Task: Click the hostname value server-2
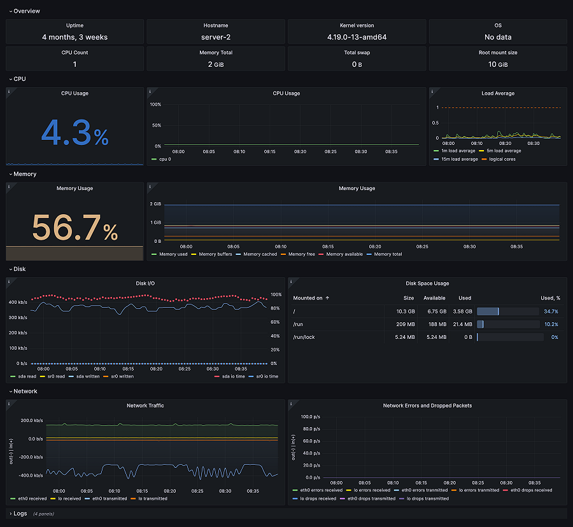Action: click(216, 37)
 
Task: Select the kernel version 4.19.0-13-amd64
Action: click(357, 37)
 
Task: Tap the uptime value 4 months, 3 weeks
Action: click(74, 37)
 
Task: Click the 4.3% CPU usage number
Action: click(74, 132)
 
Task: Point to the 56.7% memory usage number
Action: click(74, 228)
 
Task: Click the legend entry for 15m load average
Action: click(458, 159)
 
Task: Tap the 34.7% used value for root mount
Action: click(551, 311)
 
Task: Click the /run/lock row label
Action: click(304, 337)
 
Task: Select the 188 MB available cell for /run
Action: click(435, 324)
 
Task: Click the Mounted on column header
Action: click(308, 298)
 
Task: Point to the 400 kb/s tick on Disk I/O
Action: click(18, 302)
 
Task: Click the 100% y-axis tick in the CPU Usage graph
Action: click(155, 104)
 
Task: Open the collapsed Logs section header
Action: click(20, 513)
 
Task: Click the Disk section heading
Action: click(19, 269)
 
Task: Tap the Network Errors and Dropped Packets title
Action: click(427, 406)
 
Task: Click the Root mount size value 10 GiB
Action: click(498, 64)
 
